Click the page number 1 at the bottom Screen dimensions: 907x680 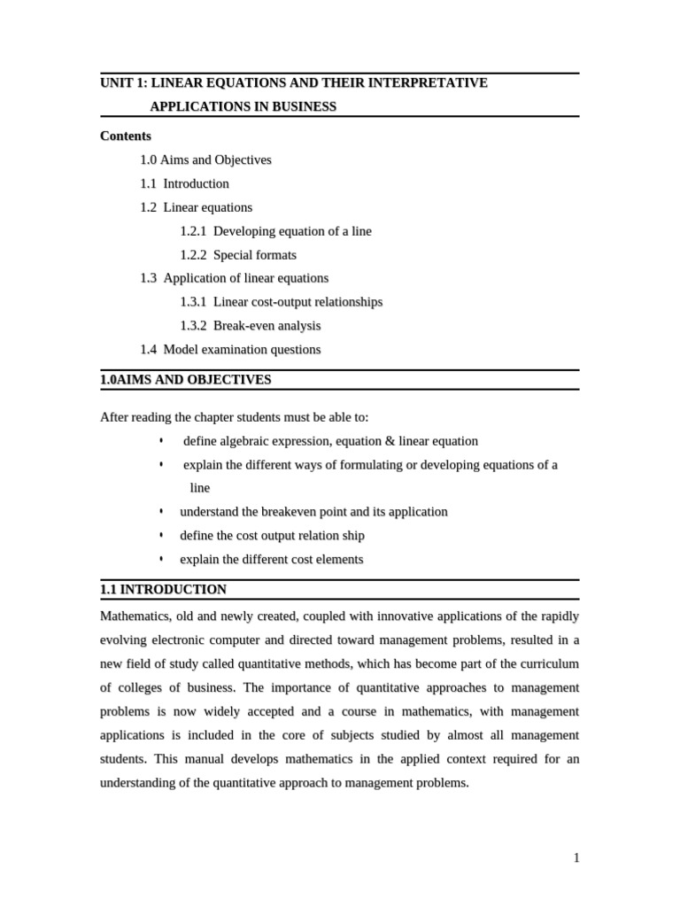click(x=576, y=857)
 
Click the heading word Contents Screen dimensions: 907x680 click(x=126, y=136)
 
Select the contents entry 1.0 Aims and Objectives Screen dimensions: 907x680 click(x=205, y=160)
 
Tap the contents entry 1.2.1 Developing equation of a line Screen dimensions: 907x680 click(x=275, y=231)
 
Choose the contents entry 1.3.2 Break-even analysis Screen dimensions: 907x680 click(x=251, y=326)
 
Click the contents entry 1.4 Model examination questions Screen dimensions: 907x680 click(x=230, y=350)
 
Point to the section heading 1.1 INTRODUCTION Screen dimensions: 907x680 click(x=164, y=589)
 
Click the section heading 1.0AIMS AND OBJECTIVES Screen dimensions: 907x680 click(x=186, y=380)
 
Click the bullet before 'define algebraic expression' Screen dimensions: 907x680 click(x=161, y=441)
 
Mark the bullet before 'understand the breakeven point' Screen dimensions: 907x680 click(x=161, y=512)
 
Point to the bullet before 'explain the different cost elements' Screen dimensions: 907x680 click(x=161, y=560)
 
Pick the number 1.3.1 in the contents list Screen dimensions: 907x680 click(x=193, y=302)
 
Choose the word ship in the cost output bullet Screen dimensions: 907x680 click(x=352, y=536)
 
